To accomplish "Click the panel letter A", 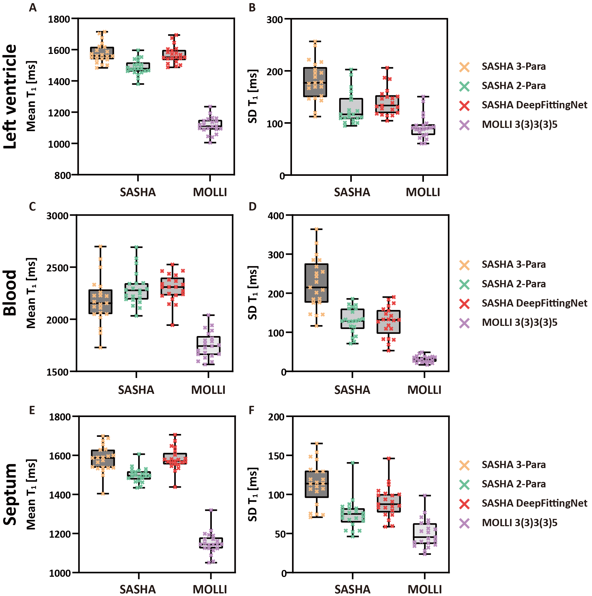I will (x=33, y=8).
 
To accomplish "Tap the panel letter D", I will (x=252, y=207).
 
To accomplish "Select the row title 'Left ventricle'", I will (x=10, y=97).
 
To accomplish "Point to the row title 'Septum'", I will (x=10, y=494).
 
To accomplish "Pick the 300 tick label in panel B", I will (x=275, y=20).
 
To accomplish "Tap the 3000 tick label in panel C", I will (x=57, y=216).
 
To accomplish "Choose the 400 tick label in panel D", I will (x=276, y=216).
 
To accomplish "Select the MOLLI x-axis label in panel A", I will (x=210, y=192).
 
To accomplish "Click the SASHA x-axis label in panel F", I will (x=353, y=589).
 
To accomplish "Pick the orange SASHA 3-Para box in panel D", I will (x=316, y=283).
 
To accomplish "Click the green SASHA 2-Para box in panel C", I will (x=137, y=291).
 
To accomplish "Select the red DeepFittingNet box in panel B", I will (x=387, y=104).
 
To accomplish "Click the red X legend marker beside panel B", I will (x=464, y=105).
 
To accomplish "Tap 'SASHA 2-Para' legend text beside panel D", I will (x=513, y=284).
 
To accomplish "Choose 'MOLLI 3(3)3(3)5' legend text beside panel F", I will (x=520, y=523).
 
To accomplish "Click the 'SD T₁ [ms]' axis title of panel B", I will (x=253, y=97).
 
